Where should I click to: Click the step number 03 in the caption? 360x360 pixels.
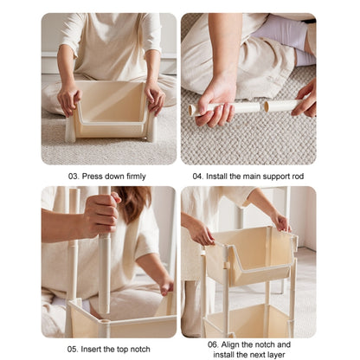[x=74, y=176]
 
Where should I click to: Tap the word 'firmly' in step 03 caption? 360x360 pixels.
[x=136, y=177]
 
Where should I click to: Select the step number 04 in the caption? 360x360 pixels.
[x=198, y=176]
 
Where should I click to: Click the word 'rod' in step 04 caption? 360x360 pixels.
[x=298, y=176]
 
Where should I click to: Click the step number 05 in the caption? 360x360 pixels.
[x=73, y=349]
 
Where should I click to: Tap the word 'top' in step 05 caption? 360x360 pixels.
[x=122, y=350]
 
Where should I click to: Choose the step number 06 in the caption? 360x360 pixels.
[x=213, y=344]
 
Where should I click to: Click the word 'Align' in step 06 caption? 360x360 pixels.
[x=230, y=344]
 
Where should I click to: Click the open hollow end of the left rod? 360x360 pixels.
[x=191, y=111]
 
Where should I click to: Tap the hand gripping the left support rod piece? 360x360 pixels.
[x=215, y=106]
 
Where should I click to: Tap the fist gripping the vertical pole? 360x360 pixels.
[x=101, y=214]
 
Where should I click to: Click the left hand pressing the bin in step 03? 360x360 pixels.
[x=68, y=99]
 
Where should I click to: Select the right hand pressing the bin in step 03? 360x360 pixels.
[x=155, y=97]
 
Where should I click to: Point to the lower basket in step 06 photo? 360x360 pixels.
[x=248, y=320]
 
